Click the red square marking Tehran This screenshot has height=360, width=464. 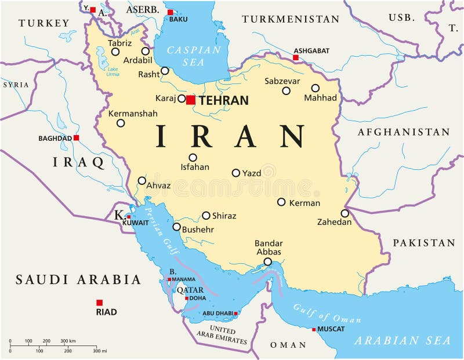pyautogui.click(x=191, y=100)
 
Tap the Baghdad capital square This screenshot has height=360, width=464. pyautogui.click(x=76, y=138)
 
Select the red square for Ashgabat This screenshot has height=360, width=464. pyautogui.click(x=296, y=57)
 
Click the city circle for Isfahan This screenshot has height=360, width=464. pyautogui.click(x=193, y=157)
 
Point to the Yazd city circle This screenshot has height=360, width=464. pyautogui.click(x=236, y=173)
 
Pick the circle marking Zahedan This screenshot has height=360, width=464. pyautogui.click(x=345, y=213)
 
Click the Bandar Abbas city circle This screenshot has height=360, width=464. pyautogui.click(x=267, y=262)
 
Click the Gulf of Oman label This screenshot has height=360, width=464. pyautogui.click(x=327, y=314)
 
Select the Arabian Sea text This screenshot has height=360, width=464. pyautogui.click(x=403, y=340)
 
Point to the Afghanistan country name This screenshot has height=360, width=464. pyautogui.click(x=404, y=132)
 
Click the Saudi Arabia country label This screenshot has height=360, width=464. pyautogui.click(x=78, y=280)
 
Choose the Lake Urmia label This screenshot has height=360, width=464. pyautogui.click(x=113, y=72)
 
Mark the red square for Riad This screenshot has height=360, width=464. pyautogui.click(x=99, y=303)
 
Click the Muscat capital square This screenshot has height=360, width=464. pyautogui.click(x=314, y=329)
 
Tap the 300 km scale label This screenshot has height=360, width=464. pyautogui.click(x=68, y=341)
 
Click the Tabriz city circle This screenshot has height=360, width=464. pyautogui.click(x=115, y=52)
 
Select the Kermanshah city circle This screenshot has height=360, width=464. pyautogui.click(x=121, y=123)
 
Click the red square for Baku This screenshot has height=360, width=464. pyautogui.click(x=170, y=12)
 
